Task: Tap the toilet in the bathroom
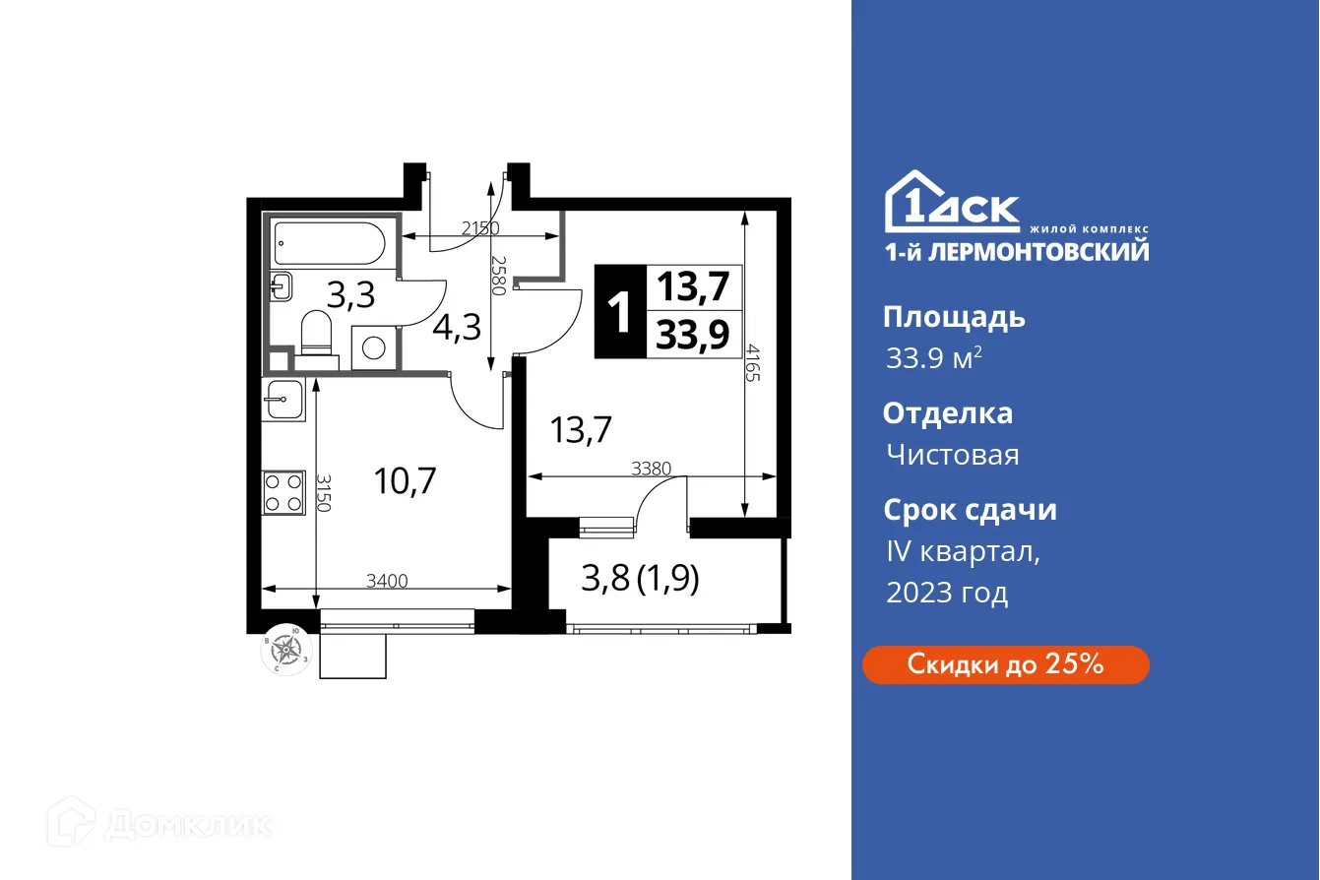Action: click(317, 335)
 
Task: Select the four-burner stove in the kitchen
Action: click(283, 492)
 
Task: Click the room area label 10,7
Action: click(405, 481)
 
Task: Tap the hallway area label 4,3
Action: click(457, 327)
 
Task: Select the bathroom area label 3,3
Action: click(351, 294)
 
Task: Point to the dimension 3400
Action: click(387, 582)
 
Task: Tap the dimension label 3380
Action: click(651, 470)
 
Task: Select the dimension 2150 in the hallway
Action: click(481, 228)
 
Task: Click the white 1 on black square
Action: click(620, 313)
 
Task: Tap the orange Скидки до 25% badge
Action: click(1005, 664)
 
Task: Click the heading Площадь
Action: click(954, 317)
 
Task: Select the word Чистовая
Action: click(952, 455)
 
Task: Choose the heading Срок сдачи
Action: click(970, 510)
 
